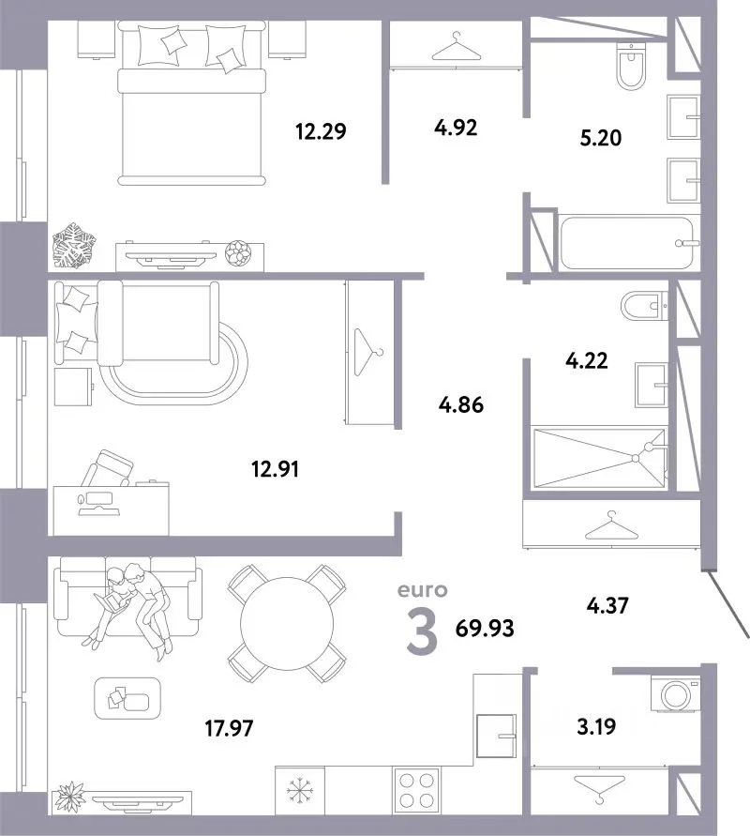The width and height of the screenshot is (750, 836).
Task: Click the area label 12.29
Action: pyautogui.click(x=321, y=130)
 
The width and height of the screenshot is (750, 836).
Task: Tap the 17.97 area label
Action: pyautogui.click(x=229, y=728)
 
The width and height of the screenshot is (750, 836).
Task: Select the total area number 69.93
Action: pyautogui.click(x=485, y=629)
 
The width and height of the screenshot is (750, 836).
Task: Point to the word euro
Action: pyautogui.click(x=423, y=590)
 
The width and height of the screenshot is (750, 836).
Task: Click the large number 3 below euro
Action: pyautogui.click(x=422, y=632)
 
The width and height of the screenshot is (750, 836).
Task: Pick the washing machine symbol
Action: pyautogui.click(x=675, y=693)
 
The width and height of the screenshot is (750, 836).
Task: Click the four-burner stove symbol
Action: pyautogui.click(x=416, y=791)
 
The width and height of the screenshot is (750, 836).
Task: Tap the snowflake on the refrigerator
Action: pyautogui.click(x=300, y=791)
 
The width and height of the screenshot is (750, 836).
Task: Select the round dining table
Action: pyautogui.click(x=287, y=624)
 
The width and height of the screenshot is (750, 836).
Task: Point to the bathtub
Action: pyautogui.click(x=627, y=243)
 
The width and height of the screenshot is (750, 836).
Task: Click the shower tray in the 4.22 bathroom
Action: pyautogui.click(x=599, y=458)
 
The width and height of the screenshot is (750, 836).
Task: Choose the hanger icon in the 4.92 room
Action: pyautogui.click(x=457, y=47)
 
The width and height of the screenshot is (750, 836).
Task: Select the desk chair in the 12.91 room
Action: pyautogui.click(x=108, y=468)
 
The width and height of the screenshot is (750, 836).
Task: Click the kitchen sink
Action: pyautogui.click(x=497, y=736)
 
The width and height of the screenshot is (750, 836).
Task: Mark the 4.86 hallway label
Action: pyautogui.click(x=461, y=405)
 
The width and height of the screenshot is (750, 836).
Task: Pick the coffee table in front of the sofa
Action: pyautogui.click(x=127, y=698)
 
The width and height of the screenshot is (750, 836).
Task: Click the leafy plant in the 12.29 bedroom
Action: pyautogui.click(x=74, y=245)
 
